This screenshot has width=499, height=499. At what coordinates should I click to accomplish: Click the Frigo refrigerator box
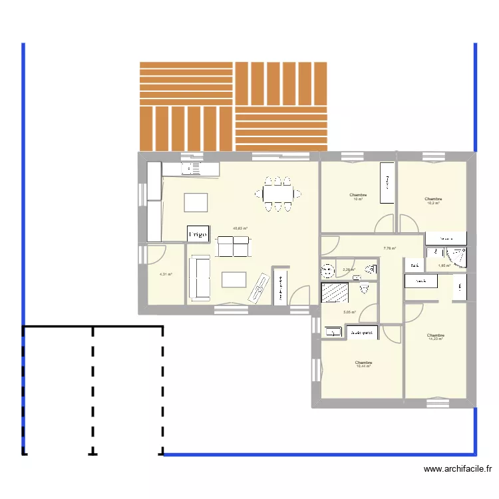(198, 234)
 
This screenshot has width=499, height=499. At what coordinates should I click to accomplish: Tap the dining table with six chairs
(277, 194)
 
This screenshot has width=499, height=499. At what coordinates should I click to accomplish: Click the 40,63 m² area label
(240, 228)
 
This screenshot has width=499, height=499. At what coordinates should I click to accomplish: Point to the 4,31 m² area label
(166, 274)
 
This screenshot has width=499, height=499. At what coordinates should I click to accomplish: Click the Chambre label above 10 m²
(358, 195)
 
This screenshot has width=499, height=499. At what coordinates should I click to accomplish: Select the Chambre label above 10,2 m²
(433, 198)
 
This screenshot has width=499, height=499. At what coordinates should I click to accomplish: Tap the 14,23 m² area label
(436, 339)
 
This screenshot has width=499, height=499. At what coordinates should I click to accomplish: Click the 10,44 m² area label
(363, 366)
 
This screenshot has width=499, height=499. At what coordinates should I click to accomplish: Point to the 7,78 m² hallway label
(389, 249)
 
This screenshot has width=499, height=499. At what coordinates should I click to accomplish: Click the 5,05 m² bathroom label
(349, 312)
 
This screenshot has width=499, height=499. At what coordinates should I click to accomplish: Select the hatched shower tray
(335, 293)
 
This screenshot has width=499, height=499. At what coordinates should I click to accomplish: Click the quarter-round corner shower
(458, 256)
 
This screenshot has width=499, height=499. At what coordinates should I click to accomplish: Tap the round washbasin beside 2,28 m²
(327, 270)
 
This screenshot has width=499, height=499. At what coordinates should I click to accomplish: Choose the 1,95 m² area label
(444, 265)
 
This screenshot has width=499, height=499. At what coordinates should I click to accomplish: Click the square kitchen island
(196, 202)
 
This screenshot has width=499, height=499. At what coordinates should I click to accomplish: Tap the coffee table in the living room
(234, 279)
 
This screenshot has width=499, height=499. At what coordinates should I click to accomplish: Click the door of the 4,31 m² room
(156, 255)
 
